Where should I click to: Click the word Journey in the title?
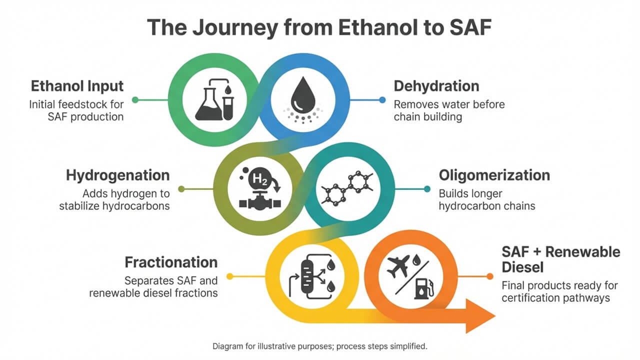[235, 27]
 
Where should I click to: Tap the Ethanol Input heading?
[77, 86]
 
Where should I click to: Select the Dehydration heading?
[436, 86]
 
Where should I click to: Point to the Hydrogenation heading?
[117, 175]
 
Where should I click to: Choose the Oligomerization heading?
[494, 175]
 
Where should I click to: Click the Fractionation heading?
[171, 262]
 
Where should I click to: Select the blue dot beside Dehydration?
[382, 100]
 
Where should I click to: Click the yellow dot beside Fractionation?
[229, 276]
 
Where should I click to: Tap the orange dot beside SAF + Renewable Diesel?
[489, 276]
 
